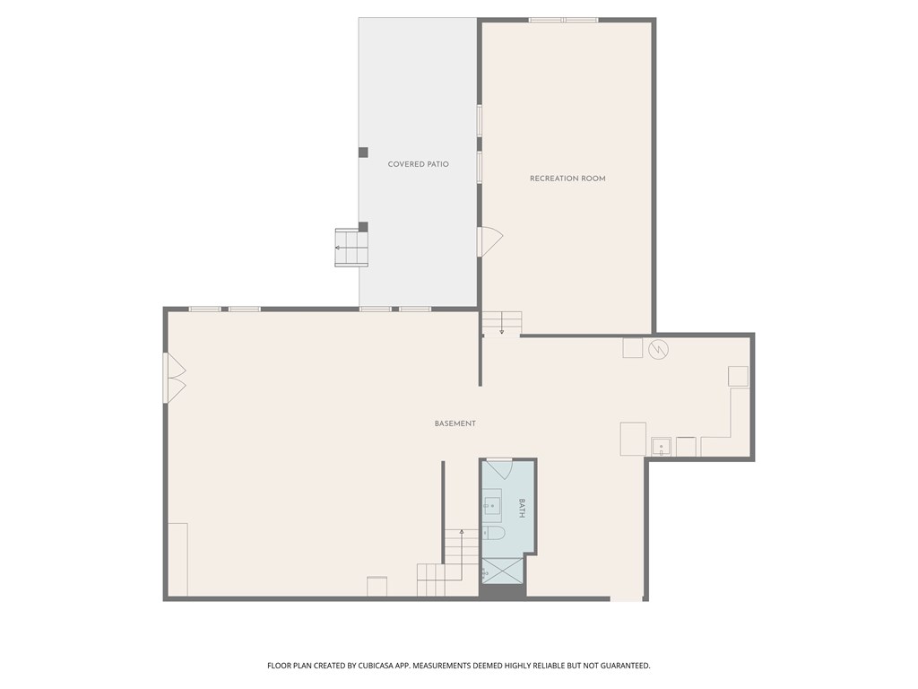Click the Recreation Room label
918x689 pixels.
tap(567, 179)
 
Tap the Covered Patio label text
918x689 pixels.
tap(418, 164)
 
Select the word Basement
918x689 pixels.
tap(455, 423)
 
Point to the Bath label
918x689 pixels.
tap(522, 509)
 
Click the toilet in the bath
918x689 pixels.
tap(494, 534)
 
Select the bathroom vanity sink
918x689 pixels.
tap(492, 507)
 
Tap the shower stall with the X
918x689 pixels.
tap(502, 571)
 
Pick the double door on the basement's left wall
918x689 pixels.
tap(174, 378)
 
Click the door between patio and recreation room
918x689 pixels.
tap(490, 242)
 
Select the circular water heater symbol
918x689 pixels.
tap(659, 348)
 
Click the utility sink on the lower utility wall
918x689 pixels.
tap(662, 446)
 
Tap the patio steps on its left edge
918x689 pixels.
tap(351, 249)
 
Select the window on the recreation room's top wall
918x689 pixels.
tap(563, 20)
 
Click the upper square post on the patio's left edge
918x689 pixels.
tap(363, 153)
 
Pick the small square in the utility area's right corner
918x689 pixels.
tap(738, 376)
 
